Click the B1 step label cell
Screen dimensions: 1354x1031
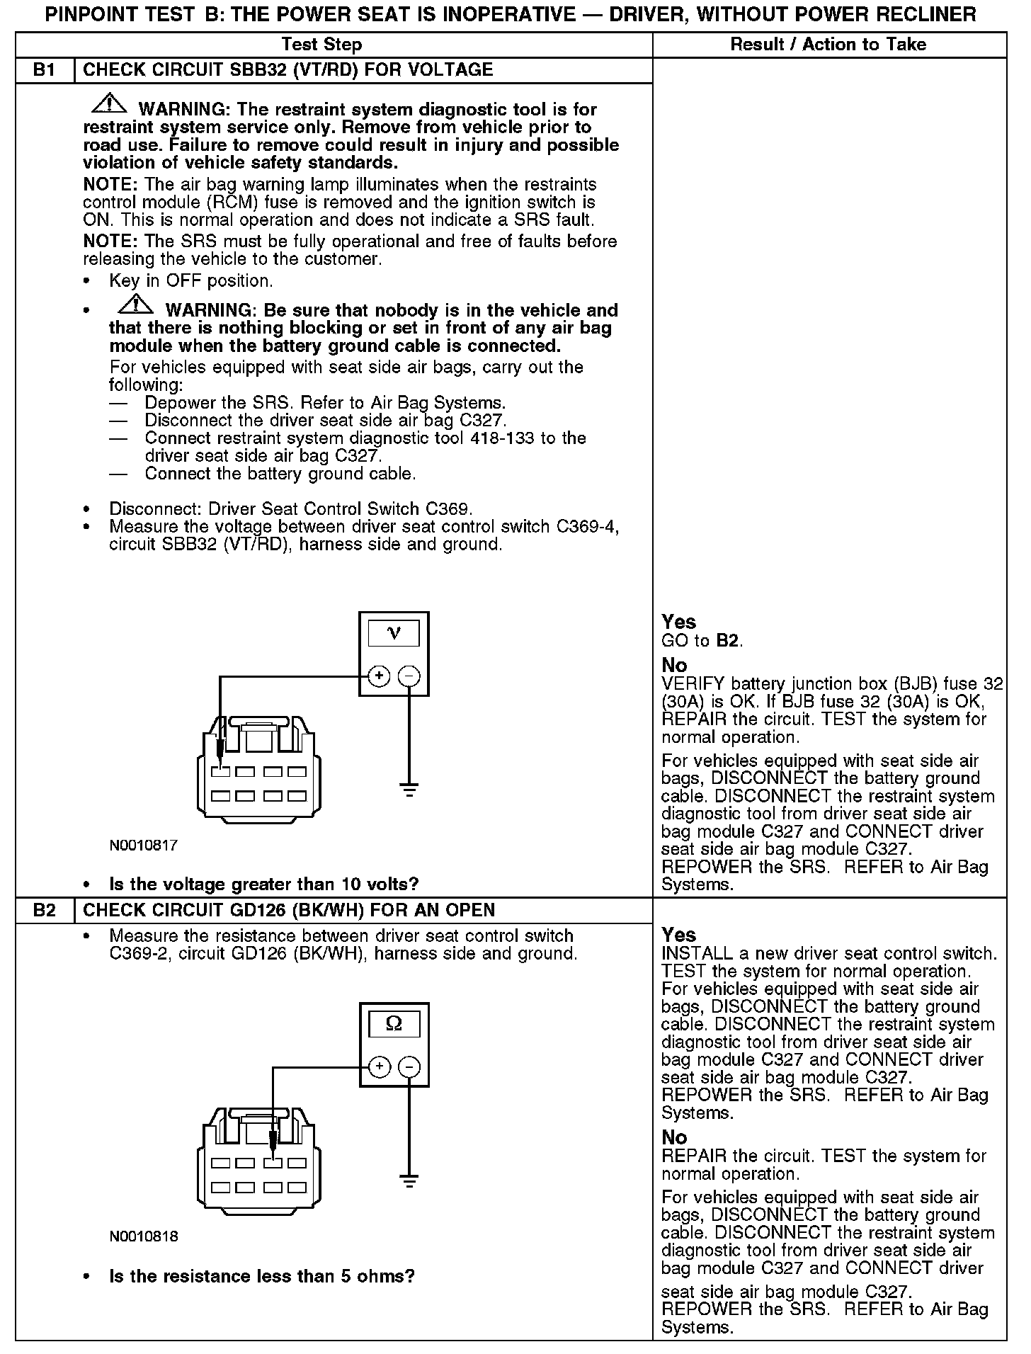tap(45, 70)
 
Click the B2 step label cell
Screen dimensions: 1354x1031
tap(45, 910)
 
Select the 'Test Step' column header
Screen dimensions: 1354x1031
tap(321, 45)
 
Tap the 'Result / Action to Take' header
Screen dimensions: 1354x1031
tap(828, 45)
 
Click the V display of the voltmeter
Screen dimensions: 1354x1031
tap(394, 632)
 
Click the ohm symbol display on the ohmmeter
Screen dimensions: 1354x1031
tap(394, 1024)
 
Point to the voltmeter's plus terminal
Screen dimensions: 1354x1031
tap(380, 676)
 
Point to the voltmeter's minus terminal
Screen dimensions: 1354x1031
tap(409, 676)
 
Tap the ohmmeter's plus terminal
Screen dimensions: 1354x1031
tap(380, 1067)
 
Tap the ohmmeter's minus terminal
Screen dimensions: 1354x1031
tap(409, 1067)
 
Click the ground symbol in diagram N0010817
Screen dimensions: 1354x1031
tap(409, 790)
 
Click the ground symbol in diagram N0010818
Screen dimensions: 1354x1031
tap(409, 1181)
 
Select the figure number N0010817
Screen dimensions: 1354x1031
tap(144, 845)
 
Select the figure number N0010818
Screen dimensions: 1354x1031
tap(144, 1236)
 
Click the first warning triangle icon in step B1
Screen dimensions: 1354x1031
tap(108, 105)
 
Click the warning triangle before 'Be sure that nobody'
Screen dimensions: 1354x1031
tap(135, 305)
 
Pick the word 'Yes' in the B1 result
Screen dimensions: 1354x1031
tap(678, 622)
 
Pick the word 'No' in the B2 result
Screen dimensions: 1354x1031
tap(674, 1138)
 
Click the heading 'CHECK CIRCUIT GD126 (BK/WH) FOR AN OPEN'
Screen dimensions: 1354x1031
tap(289, 910)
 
